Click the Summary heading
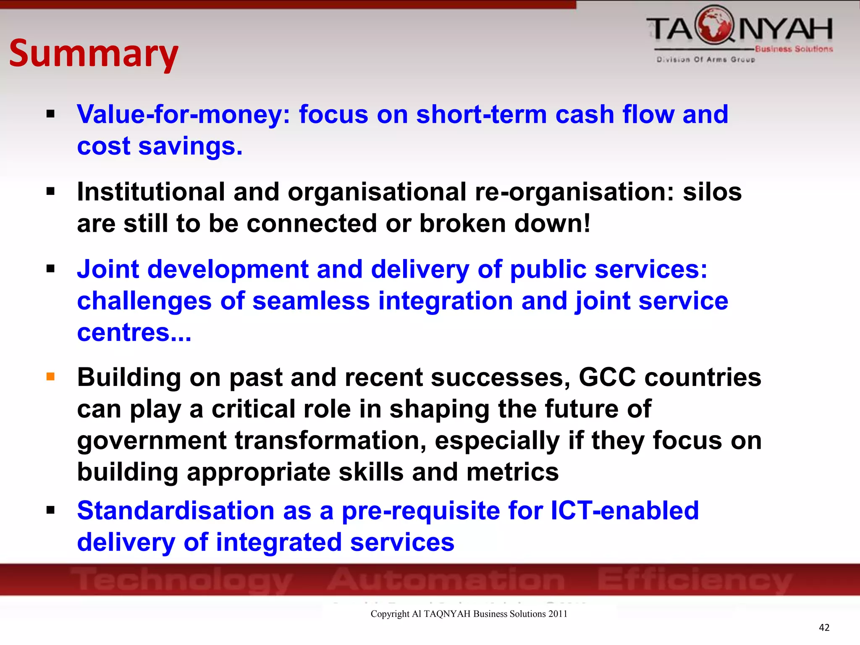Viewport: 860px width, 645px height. [x=94, y=53]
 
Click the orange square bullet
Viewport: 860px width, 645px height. [x=51, y=376]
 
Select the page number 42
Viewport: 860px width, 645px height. [x=824, y=627]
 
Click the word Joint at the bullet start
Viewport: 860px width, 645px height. [x=108, y=269]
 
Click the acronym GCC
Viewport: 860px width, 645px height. [x=607, y=377]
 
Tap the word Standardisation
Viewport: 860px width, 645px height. [x=176, y=511]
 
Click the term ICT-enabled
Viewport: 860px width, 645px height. [x=624, y=511]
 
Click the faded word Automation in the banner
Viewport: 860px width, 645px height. [x=446, y=579]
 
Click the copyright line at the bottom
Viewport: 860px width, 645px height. [x=469, y=614]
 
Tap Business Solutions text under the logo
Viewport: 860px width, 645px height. [x=793, y=49]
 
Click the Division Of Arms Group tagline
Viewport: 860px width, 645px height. [x=705, y=60]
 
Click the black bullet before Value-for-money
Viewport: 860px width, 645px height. [x=51, y=114]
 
